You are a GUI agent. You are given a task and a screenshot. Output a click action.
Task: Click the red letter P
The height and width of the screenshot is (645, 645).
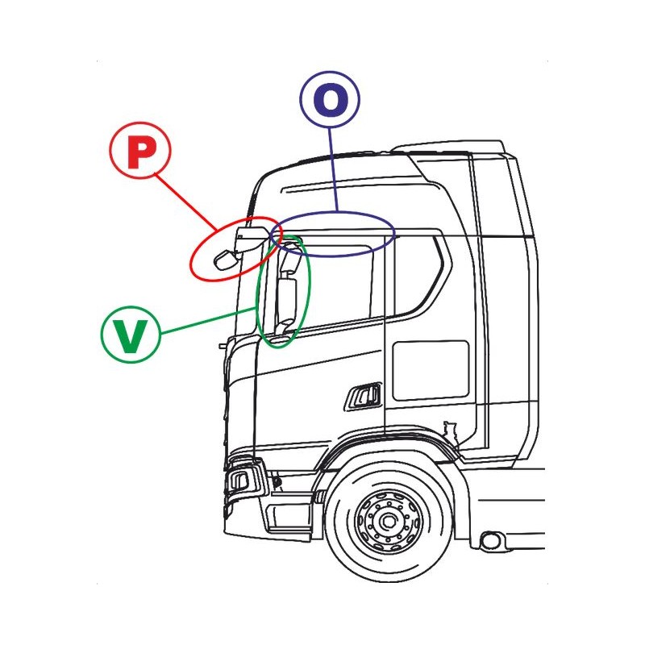point(139,154)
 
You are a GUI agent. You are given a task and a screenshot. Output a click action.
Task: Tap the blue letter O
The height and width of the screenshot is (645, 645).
point(331,99)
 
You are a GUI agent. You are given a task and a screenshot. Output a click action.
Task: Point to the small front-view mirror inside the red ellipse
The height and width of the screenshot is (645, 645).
point(225,259)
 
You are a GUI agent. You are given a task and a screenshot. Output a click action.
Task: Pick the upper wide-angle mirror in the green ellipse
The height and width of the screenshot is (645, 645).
point(292,260)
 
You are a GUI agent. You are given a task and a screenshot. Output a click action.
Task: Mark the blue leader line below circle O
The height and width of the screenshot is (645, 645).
point(334,169)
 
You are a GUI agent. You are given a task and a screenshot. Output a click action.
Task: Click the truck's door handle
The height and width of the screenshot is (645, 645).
point(364,396)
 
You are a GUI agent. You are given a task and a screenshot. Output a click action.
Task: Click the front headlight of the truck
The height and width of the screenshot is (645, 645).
point(242,481)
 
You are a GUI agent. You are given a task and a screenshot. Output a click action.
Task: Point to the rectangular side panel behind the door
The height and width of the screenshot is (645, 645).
point(430,370)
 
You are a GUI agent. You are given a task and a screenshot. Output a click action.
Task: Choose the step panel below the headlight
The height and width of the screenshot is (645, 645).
point(288,515)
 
